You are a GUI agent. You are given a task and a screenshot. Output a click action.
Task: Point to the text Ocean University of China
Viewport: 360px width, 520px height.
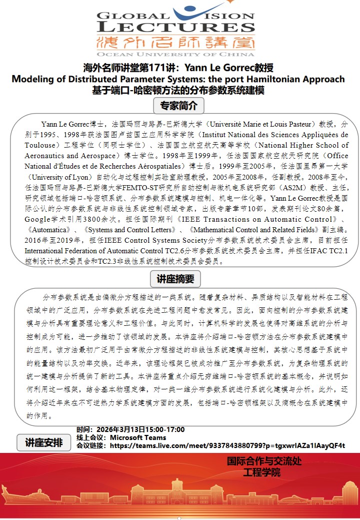click(176, 54)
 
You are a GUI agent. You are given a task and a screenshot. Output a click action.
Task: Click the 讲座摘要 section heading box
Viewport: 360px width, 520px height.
click(175, 278)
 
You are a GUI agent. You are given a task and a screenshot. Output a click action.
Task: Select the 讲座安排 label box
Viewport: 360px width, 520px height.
click(44, 442)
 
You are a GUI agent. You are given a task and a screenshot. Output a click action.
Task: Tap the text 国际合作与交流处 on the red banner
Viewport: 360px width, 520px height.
click(264, 461)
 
